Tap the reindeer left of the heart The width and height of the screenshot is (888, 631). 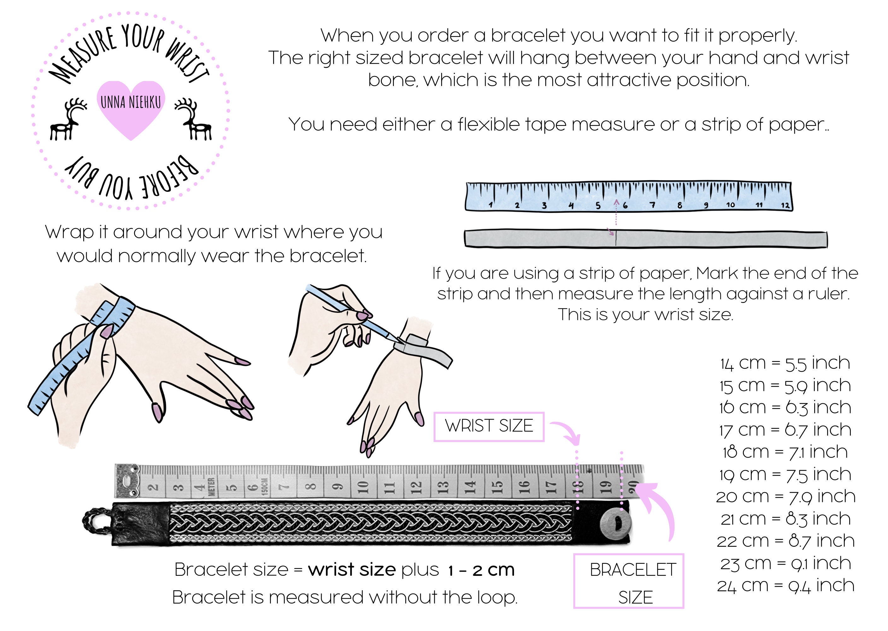coord(68,119)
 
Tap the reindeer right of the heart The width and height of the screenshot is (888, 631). coord(193,119)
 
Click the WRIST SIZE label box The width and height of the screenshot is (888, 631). coord(489,427)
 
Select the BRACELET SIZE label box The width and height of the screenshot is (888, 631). coord(628,581)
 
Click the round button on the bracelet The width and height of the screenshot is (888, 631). coord(616,524)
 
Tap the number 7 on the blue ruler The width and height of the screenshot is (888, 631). coord(653,205)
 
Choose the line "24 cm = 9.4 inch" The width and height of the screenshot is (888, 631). coord(786,586)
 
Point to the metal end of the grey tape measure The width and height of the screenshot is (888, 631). coord(127,481)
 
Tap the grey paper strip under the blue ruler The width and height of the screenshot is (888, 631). coord(646,239)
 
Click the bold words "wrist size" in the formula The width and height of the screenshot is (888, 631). coord(352,569)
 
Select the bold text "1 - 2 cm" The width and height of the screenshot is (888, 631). coord(481,570)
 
